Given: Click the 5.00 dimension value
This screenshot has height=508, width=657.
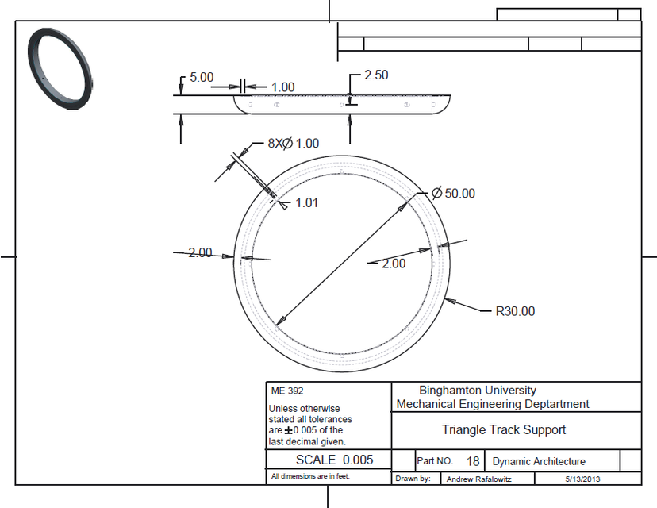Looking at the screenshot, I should pos(202,78).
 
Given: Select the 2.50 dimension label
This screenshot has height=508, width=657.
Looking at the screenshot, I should pos(376,75).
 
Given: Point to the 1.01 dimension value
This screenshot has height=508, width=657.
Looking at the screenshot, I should pos(306,203).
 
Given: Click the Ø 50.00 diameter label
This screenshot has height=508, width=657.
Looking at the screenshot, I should pos(453,194).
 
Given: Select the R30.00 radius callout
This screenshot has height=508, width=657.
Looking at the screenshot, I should pos(515,311).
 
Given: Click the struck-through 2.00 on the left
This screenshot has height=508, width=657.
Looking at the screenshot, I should pos(199,253).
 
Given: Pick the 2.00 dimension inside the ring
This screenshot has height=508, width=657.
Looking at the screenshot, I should pos(393,264).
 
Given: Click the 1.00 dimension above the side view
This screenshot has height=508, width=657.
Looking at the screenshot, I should pos(282,87).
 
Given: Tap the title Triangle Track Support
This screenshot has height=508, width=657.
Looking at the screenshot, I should pos(504,430).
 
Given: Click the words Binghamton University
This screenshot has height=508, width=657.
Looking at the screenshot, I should pos(477,391).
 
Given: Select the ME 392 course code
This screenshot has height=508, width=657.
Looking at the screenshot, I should pos(286,391).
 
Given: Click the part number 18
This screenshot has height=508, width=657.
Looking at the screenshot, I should pos(473,461).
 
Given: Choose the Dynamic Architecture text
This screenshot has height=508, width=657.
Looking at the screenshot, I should pos(539,461).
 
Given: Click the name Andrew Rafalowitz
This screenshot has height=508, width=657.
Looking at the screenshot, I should pos(479,479).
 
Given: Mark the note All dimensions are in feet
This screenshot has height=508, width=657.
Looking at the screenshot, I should pos(309,477).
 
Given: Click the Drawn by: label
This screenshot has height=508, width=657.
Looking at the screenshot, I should pos(413,479).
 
